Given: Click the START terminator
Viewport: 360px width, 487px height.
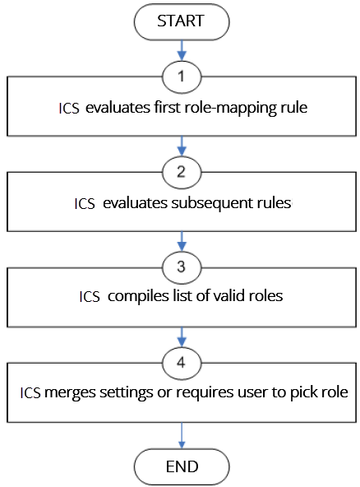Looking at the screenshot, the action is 182,21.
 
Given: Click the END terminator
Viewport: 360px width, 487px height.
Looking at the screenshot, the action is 182,466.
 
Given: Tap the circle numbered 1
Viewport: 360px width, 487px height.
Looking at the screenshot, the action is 182,77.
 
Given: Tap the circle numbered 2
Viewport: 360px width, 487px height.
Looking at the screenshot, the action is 182,173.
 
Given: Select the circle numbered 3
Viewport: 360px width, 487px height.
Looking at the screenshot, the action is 182,267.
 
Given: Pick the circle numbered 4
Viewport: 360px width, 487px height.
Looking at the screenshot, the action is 182,363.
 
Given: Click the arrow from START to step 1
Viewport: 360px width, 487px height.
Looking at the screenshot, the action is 182,51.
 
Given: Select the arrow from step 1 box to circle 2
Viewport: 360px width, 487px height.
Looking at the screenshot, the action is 182,146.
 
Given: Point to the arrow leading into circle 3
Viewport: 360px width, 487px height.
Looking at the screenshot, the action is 182,241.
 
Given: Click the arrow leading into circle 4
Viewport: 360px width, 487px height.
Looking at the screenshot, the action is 182,337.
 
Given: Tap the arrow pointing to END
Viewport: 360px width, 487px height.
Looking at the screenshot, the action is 182,435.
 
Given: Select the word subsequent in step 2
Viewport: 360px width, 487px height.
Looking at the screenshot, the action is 212,204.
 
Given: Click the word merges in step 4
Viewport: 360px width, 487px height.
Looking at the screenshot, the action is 70,392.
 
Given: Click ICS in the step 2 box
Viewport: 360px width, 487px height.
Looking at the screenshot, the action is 85,204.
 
